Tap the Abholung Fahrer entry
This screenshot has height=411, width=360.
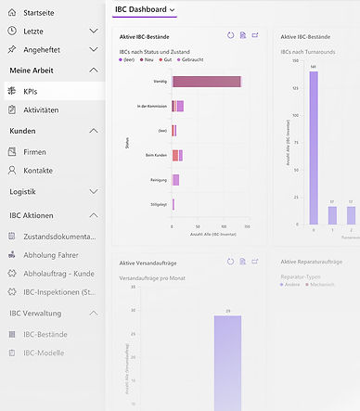(x=63, y=254)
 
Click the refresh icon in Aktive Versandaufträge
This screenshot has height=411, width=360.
(x=230, y=262)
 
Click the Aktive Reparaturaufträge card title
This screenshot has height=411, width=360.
(x=311, y=263)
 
